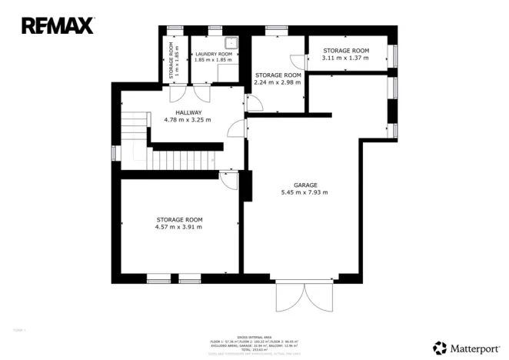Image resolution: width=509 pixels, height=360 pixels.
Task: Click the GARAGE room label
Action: (305, 185)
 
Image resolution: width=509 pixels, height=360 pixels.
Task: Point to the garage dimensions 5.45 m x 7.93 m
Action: (305, 192)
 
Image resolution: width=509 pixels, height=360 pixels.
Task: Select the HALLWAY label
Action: (188, 112)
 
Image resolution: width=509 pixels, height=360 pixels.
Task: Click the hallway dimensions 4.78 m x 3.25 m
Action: (188, 120)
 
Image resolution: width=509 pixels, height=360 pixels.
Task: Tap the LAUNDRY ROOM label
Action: (212, 54)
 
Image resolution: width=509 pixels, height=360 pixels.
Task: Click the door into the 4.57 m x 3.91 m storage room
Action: (228, 178)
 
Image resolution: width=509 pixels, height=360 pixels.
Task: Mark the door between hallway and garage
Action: (238, 128)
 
